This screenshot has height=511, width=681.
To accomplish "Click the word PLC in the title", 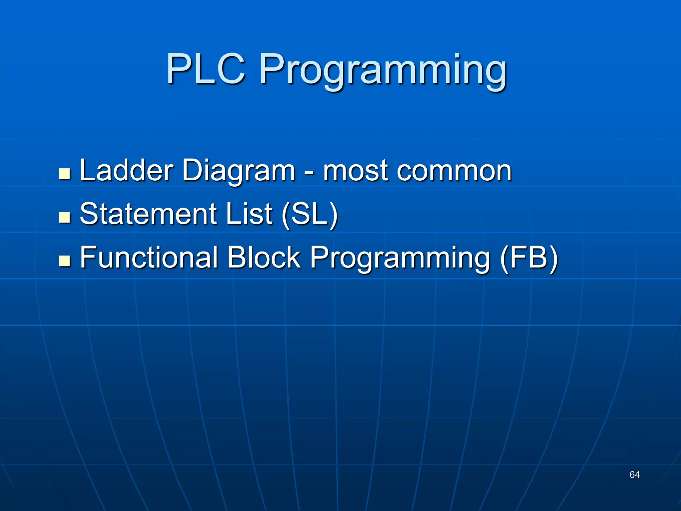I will click(x=206, y=69).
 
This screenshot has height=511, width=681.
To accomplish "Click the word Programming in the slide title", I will click(x=383, y=72).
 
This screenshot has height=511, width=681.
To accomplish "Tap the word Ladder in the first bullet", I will click(x=127, y=170).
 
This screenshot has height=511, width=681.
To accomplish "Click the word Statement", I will click(x=148, y=214).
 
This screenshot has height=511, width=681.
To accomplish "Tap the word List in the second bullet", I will click(x=249, y=214).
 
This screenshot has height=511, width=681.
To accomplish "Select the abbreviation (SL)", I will click(x=310, y=215).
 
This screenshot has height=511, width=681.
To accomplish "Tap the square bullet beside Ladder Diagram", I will click(x=65, y=174).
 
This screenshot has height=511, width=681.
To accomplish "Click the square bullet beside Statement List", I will click(x=65, y=217).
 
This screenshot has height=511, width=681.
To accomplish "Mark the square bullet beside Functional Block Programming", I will click(x=65, y=261).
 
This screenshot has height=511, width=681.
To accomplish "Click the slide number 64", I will click(x=634, y=475).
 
